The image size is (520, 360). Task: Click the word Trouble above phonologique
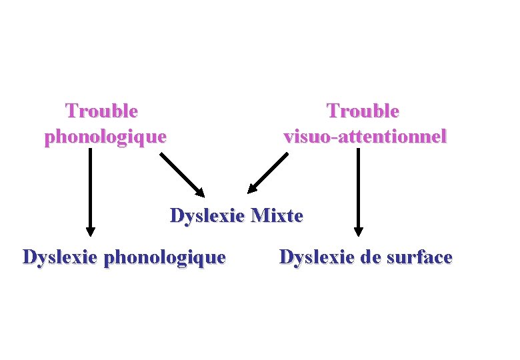pyautogui.click(x=102, y=110)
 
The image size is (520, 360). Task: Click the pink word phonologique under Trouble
pyautogui.click(x=105, y=137)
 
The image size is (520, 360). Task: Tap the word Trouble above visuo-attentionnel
pyautogui.click(x=363, y=110)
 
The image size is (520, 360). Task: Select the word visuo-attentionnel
pyautogui.click(x=365, y=137)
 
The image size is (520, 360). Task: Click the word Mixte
pyautogui.click(x=278, y=216)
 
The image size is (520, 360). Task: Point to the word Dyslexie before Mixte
pyautogui.click(x=208, y=216)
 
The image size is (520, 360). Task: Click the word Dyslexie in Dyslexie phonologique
pyautogui.click(x=61, y=257)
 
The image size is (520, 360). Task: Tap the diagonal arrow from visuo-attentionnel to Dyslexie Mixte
pyautogui.click(x=268, y=173)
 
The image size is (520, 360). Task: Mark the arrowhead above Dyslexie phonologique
pyautogui.click(x=90, y=231)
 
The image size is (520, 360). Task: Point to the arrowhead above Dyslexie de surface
pyautogui.click(x=359, y=231)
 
